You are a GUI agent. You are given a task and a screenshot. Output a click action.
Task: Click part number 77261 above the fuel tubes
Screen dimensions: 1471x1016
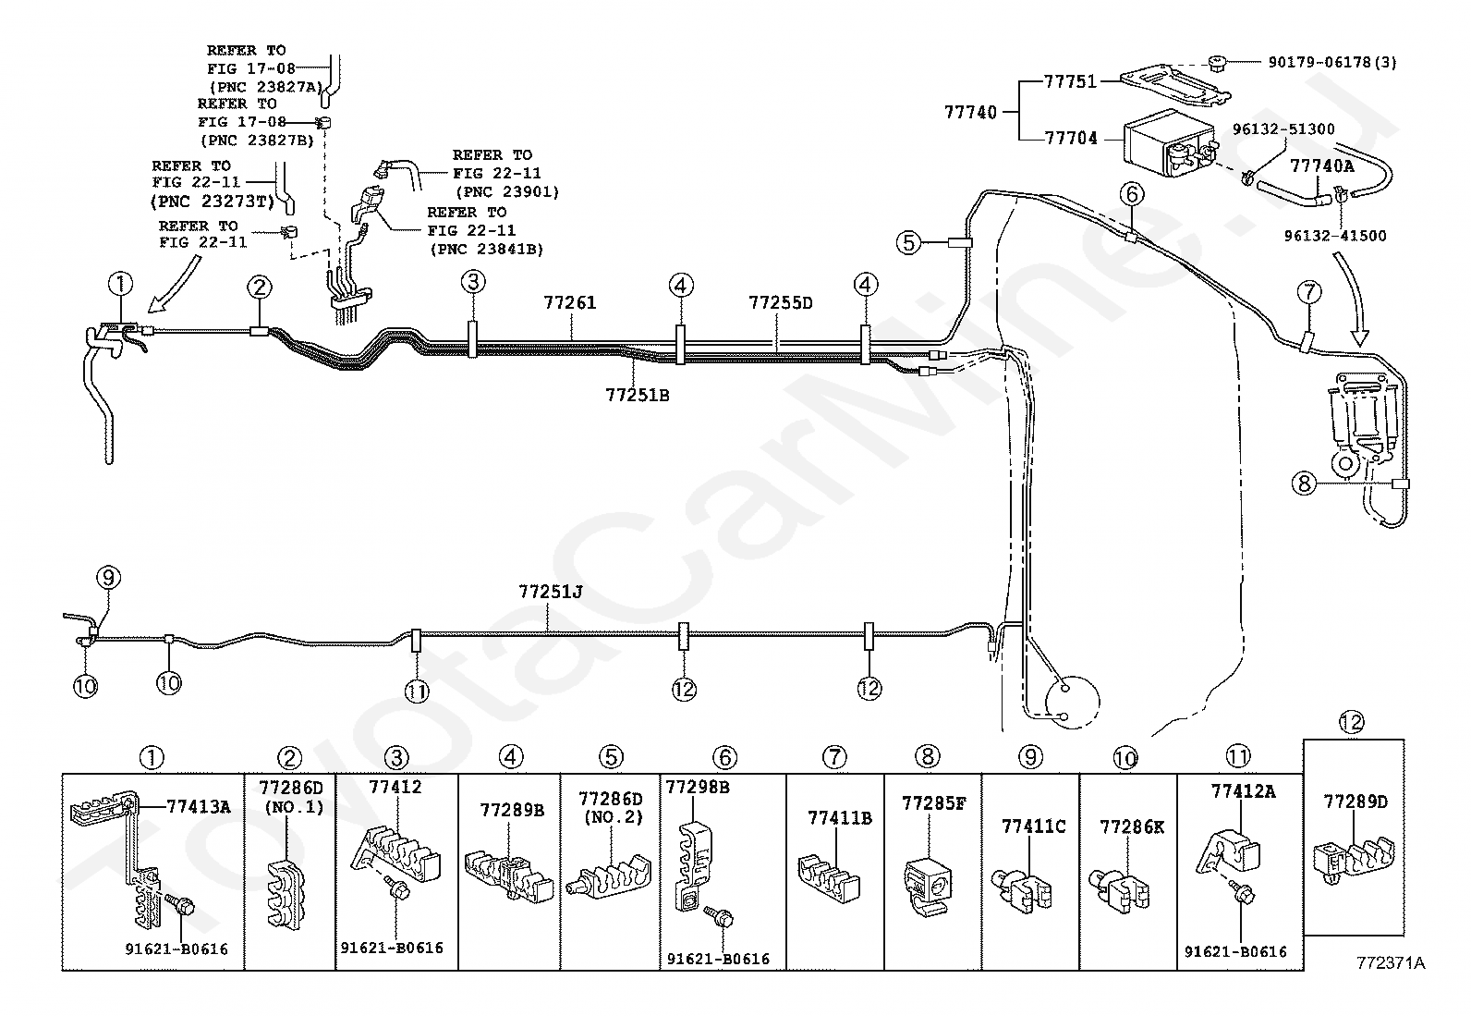[570, 302]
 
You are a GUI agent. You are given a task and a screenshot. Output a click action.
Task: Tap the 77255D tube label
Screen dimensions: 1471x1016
[780, 302]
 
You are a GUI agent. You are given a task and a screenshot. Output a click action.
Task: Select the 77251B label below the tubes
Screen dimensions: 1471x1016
[637, 395]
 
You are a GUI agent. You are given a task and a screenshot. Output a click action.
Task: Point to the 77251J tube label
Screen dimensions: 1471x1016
[551, 592]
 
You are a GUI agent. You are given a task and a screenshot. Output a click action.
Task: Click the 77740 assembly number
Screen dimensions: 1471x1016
[970, 113]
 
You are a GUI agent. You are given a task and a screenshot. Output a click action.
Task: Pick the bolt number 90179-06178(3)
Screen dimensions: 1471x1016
[1332, 63]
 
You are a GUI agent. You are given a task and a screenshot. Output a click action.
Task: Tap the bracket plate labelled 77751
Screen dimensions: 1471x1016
[1175, 86]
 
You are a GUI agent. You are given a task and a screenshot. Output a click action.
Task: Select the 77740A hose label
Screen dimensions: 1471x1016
[1322, 166]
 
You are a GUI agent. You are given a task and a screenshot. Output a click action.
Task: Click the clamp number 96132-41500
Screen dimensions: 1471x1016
[1335, 235]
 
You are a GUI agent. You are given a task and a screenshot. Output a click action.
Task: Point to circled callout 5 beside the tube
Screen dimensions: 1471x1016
[908, 242]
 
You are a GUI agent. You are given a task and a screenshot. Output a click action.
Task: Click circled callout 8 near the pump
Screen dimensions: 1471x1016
[1304, 484]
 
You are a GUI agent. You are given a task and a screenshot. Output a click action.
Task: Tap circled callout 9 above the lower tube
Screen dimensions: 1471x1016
[108, 578]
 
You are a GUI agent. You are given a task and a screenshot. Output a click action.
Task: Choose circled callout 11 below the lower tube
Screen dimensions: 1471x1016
[417, 691]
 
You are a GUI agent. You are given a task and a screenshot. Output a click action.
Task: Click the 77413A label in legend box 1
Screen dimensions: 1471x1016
[199, 806]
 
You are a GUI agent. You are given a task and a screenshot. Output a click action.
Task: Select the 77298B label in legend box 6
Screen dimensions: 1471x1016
[698, 787]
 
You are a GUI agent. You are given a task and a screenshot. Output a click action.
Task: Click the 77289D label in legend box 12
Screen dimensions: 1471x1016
[1356, 802]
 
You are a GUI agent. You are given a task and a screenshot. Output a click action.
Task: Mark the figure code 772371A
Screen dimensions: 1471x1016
[1391, 962]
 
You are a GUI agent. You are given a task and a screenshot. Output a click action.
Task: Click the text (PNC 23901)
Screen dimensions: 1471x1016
[507, 192]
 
